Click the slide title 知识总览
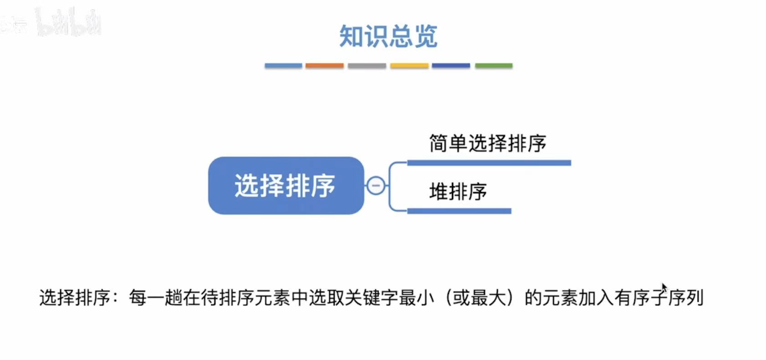click(x=388, y=36)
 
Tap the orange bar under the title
click(x=324, y=66)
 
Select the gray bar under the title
click(x=367, y=66)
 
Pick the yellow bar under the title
click(x=409, y=66)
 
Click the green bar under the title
click(x=494, y=66)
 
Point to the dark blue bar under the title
click(x=451, y=66)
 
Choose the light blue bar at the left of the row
click(x=283, y=66)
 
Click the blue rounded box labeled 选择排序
click(x=286, y=185)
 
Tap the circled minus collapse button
click(x=376, y=185)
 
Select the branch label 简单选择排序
click(x=487, y=144)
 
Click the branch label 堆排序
click(x=458, y=191)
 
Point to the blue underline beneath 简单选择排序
click(x=489, y=163)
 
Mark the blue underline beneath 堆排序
click(x=459, y=211)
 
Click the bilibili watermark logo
click(x=68, y=22)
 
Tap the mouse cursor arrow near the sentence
click(x=664, y=288)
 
